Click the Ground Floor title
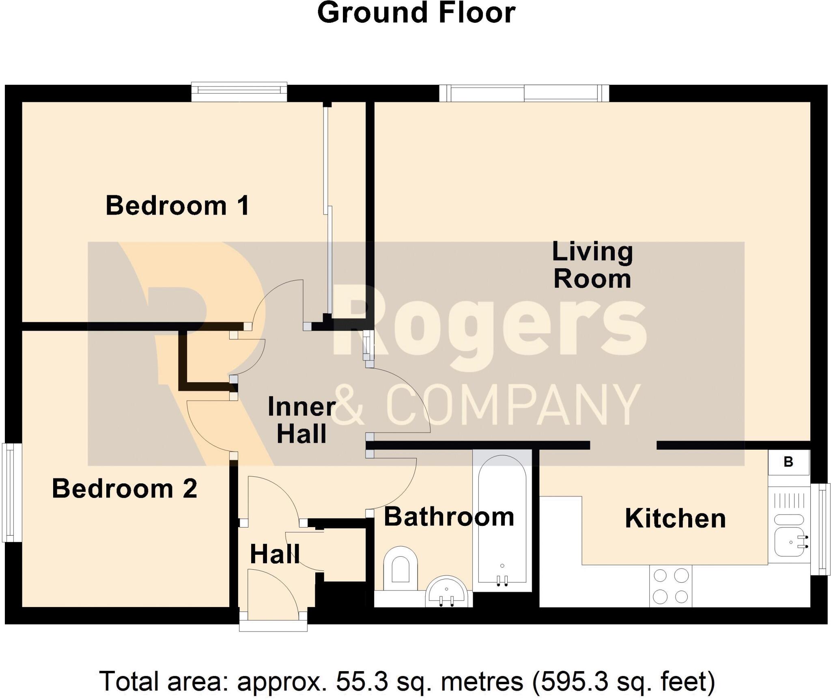point(416,13)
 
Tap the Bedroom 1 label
point(177,206)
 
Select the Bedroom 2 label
point(125,488)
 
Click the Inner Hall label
point(301,420)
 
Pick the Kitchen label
point(675,518)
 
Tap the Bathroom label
point(449,517)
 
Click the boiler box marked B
point(788,462)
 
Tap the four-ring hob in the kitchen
point(670,586)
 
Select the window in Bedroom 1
point(239,92)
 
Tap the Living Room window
point(524,93)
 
